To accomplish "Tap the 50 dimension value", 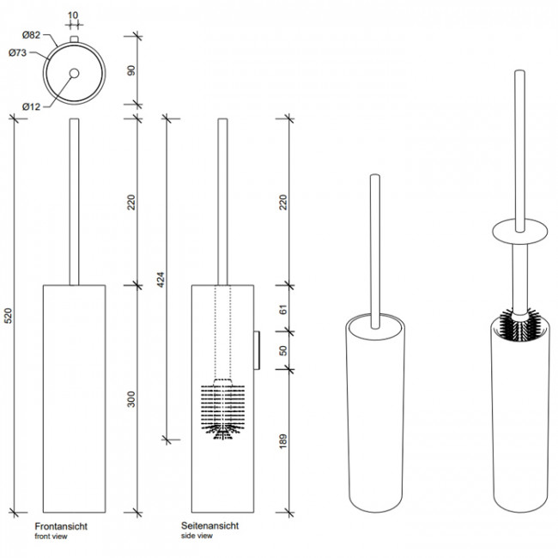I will pos(284,351).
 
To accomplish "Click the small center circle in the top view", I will pos(74,73).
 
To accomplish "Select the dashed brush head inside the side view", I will pos(221,408).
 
